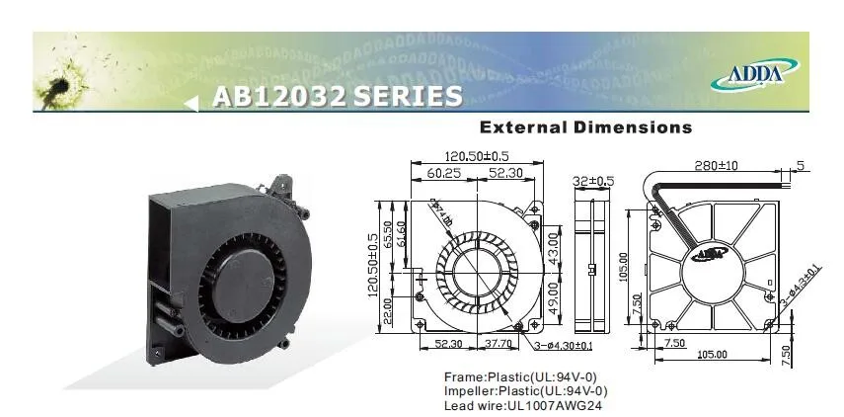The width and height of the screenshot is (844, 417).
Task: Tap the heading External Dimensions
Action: point(585,127)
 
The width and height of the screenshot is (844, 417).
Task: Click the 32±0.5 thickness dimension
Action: point(594,182)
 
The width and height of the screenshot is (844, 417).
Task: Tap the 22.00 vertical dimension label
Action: point(388,309)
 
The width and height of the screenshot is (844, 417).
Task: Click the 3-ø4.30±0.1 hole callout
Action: point(564,345)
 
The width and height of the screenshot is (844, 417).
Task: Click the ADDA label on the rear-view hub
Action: point(707,255)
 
